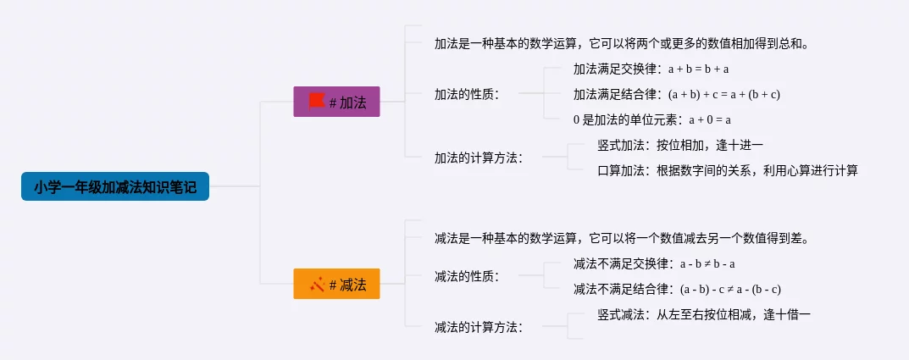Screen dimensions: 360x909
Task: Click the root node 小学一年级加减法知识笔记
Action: click(x=115, y=186)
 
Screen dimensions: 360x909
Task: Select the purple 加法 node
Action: click(x=336, y=102)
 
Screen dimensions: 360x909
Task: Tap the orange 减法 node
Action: click(x=336, y=285)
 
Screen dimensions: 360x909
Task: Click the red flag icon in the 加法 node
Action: click(x=317, y=101)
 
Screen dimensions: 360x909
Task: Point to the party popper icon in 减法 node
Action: click(x=317, y=285)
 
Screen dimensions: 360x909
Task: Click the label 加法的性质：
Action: click(x=467, y=94)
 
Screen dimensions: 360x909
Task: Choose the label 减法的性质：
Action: click(x=467, y=276)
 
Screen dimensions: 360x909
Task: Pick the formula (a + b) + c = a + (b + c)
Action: click(x=723, y=94)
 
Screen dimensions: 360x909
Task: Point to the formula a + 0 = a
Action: click(x=710, y=119)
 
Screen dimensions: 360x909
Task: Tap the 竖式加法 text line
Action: click(x=680, y=145)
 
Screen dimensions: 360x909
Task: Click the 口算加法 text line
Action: click(x=727, y=170)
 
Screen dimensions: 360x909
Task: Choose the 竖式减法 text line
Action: click(x=704, y=314)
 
